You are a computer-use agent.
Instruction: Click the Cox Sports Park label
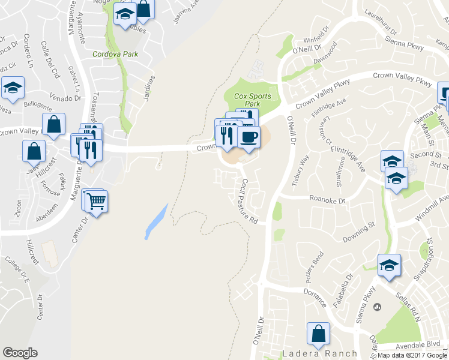252,99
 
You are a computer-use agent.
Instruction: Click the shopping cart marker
96,201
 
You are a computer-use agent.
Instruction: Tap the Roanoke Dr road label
328,199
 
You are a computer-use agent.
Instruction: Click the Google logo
20,353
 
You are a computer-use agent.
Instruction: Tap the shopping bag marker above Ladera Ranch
318,335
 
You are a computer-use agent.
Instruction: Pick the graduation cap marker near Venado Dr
13,89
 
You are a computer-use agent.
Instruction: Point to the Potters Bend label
314,273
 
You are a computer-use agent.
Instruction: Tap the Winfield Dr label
318,29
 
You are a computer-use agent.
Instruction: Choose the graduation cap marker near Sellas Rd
389,266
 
